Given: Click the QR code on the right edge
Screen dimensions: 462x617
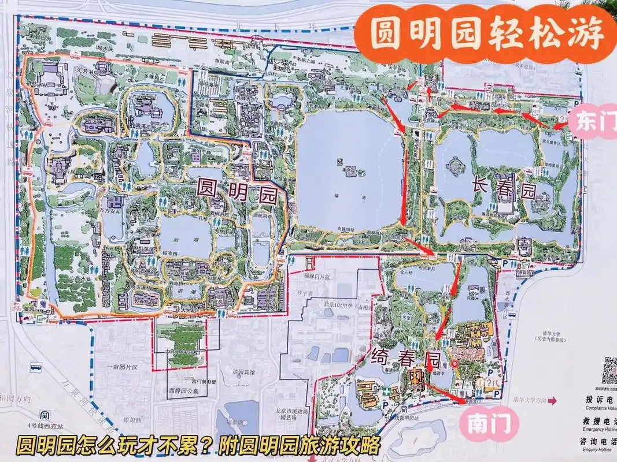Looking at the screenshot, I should click(607, 370).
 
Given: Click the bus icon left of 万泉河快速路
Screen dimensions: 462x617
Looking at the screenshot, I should click(36, 367).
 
